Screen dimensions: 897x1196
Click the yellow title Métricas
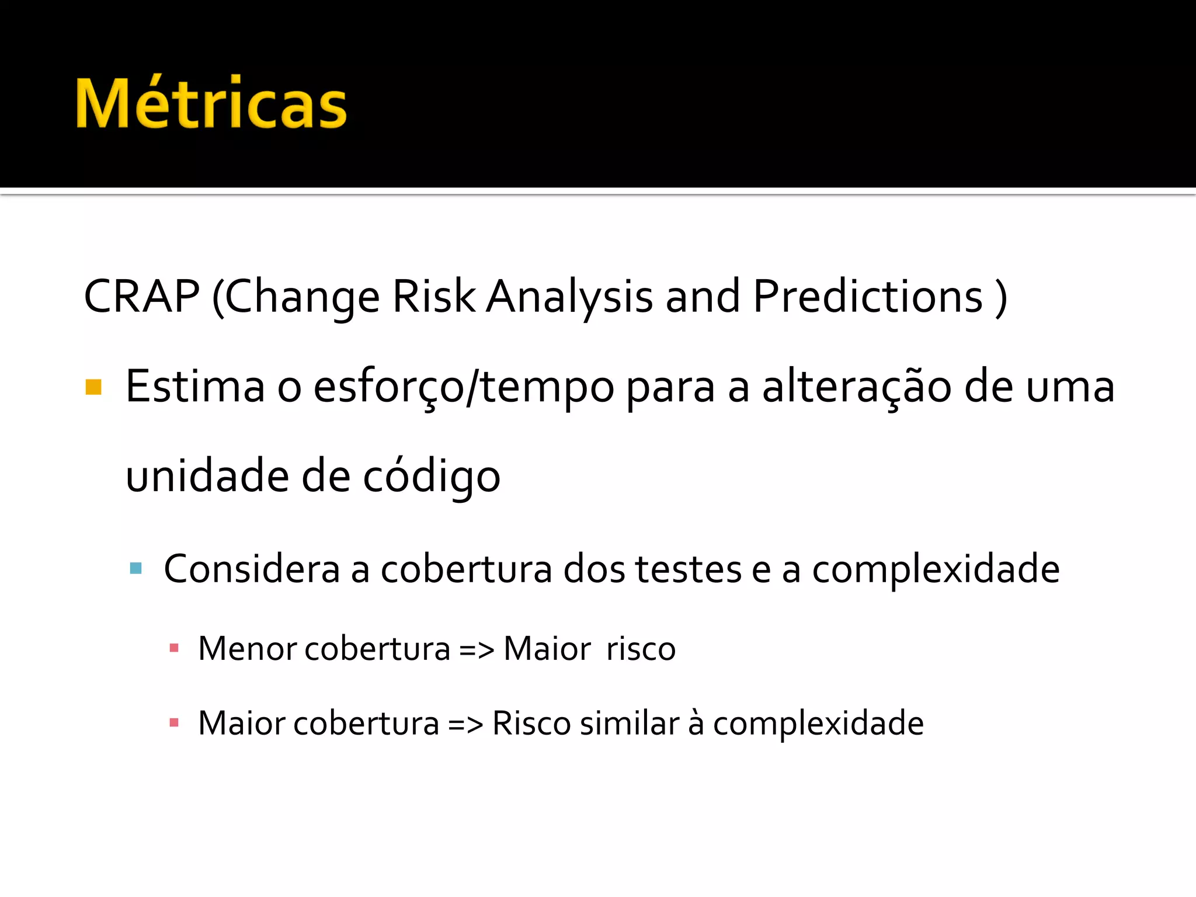click(211, 103)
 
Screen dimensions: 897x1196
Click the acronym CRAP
click(142, 296)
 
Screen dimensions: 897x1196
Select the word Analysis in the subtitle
click(569, 297)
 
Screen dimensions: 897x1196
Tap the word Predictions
click(868, 296)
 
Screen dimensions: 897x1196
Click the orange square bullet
click(93, 387)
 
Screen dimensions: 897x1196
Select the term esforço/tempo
click(464, 387)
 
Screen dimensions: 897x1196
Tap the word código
click(432, 476)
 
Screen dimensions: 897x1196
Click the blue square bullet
click(136, 568)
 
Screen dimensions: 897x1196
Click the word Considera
click(252, 568)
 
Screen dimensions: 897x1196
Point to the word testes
click(688, 568)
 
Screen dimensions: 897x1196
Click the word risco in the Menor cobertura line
click(641, 648)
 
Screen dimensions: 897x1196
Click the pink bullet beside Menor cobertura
click(173, 648)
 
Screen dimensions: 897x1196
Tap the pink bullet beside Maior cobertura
click(173, 723)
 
